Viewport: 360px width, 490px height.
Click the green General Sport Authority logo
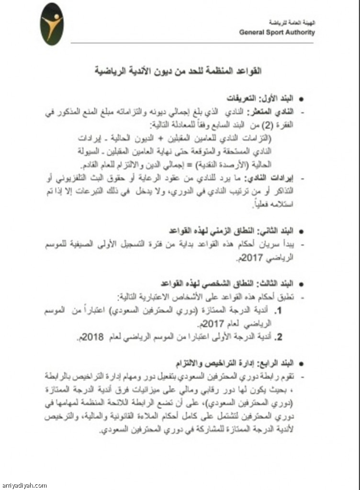tap(52, 24)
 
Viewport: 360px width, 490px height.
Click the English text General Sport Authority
tap(277, 33)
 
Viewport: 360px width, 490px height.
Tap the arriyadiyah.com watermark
tap(24, 485)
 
